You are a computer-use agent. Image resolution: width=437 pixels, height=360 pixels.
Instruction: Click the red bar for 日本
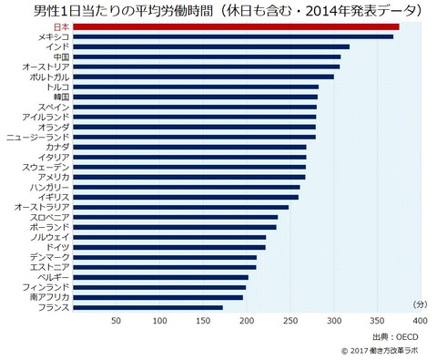click(x=236, y=27)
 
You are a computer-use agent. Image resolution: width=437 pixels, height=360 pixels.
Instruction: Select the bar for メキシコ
click(x=233, y=37)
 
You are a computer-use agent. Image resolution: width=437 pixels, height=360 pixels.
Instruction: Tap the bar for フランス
click(x=147, y=308)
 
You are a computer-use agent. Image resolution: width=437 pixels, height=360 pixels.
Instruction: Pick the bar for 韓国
click(x=196, y=98)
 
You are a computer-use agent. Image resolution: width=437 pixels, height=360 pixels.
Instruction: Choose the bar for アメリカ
click(x=189, y=178)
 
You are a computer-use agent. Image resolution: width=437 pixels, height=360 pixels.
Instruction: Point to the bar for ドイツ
click(x=169, y=248)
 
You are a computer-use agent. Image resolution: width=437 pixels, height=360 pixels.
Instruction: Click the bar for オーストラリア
click(x=181, y=208)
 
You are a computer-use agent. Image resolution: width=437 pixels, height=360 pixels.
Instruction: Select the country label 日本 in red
click(x=61, y=27)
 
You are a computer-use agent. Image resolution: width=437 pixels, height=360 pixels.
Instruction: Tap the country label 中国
click(x=61, y=57)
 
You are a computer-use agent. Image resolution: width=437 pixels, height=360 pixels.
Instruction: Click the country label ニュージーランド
click(x=38, y=138)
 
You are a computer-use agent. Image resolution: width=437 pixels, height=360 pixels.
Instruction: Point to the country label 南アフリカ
click(x=49, y=298)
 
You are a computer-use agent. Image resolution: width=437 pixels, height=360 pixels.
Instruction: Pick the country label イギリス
click(x=54, y=198)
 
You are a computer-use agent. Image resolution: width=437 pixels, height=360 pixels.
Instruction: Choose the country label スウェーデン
click(x=46, y=168)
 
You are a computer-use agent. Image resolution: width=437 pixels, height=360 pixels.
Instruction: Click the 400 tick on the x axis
click(x=421, y=321)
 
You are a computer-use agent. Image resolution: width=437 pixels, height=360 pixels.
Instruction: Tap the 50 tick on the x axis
click(x=117, y=321)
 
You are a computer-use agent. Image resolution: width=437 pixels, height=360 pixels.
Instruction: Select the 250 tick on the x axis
click(x=290, y=321)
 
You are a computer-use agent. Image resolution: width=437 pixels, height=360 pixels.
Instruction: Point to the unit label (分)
click(x=421, y=304)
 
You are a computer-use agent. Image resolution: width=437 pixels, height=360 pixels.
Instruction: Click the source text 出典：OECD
click(x=395, y=337)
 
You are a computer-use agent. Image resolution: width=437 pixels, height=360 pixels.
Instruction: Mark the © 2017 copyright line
click(x=380, y=351)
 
